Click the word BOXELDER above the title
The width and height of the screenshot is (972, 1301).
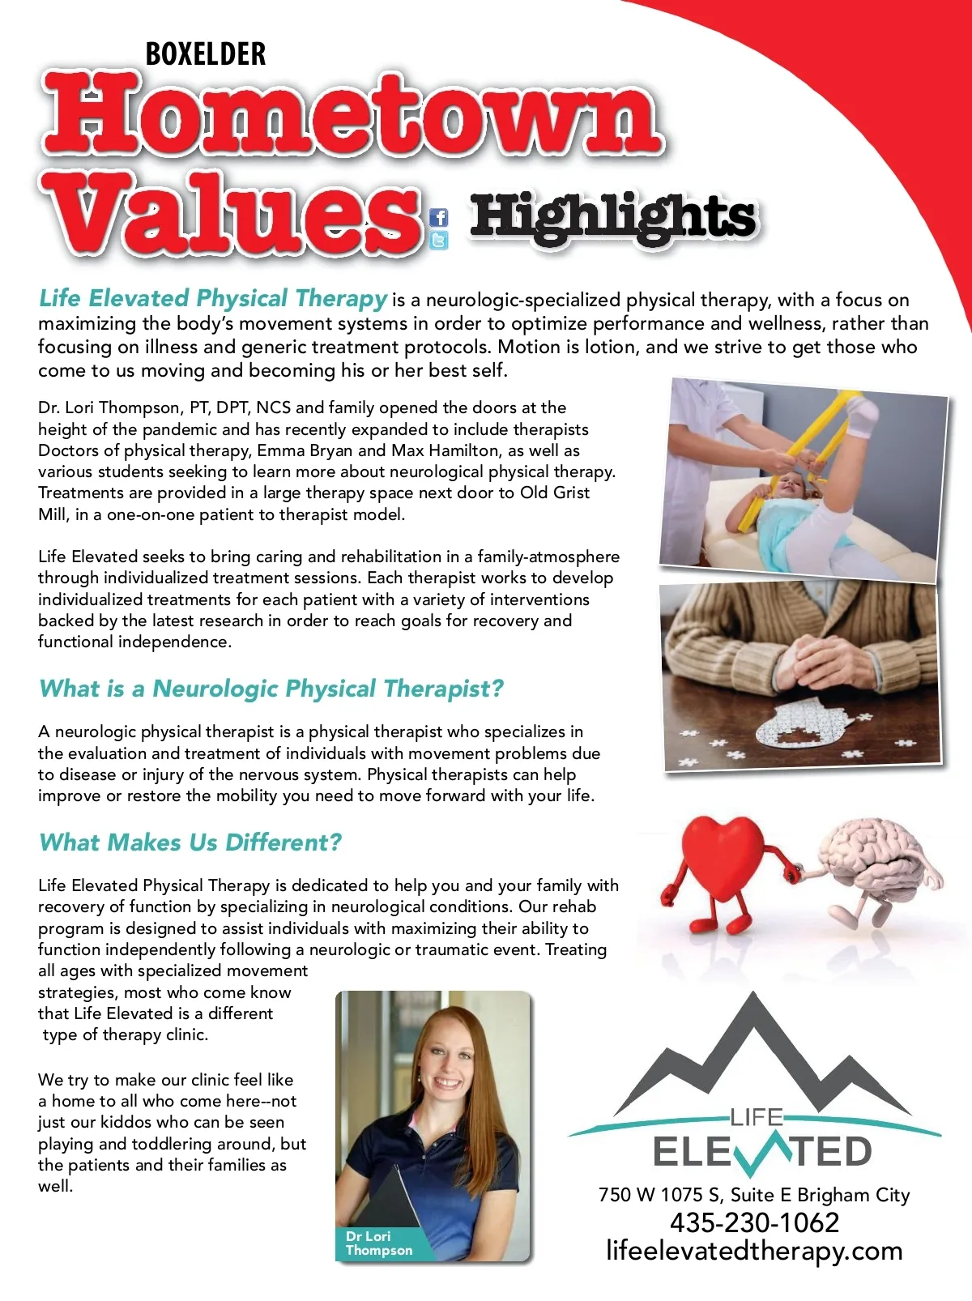tap(206, 54)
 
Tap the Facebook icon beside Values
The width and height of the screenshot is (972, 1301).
tap(438, 217)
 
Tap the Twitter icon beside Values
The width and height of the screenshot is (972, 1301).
tap(438, 240)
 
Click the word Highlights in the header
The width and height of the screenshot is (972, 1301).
tap(613, 217)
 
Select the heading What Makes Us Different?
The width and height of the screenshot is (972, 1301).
tap(190, 842)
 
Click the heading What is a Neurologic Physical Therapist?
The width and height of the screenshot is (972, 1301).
tap(271, 689)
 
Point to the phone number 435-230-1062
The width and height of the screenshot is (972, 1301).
tap(754, 1222)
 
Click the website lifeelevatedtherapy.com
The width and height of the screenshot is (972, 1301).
tap(754, 1251)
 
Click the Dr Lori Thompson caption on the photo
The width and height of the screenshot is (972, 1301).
tap(378, 1243)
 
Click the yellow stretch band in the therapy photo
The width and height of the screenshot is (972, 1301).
tap(802, 450)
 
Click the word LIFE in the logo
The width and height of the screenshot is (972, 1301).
tap(756, 1118)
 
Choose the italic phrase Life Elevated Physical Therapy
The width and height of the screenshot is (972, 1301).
tap(212, 298)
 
